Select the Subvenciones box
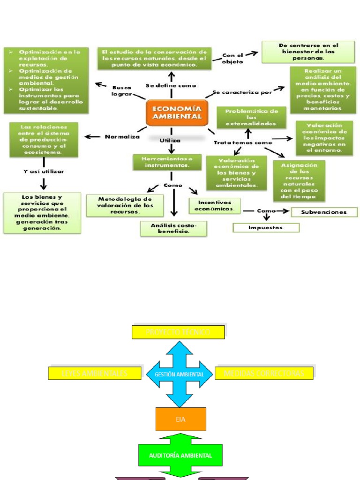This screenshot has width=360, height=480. coord(324,212)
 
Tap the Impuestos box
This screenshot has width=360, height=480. coord(266,227)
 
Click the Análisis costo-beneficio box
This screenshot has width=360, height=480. coord(173,228)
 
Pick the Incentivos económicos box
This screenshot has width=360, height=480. coord(215,205)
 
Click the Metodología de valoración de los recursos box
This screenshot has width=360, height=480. coord(125,205)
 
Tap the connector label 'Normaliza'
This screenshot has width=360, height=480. coord(122,137)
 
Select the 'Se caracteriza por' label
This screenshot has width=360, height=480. coord(242,92)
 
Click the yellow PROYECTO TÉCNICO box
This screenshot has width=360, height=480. coord(178,332)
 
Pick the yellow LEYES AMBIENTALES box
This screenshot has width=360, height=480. coord(95,373)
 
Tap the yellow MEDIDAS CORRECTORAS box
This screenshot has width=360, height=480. coord(264,373)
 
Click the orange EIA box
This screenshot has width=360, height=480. coord(180,419)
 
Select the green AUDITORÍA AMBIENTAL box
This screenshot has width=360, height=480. coord(180,455)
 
